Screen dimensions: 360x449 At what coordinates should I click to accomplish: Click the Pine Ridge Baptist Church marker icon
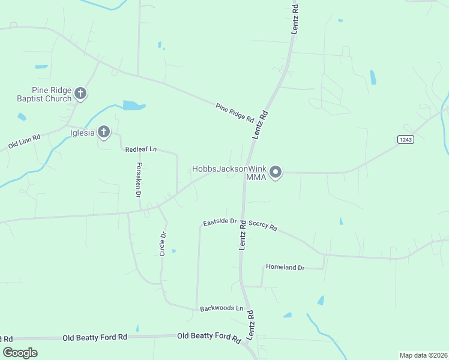(x=81, y=94)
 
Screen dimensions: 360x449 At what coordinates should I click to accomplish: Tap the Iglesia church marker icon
(x=104, y=132)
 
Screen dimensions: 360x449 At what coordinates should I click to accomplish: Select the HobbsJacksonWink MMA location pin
(x=276, y=173)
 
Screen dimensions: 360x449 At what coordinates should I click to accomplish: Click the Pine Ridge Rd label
(x=235, y=113)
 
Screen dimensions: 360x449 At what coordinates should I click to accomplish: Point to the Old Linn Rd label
(x=24, y=142)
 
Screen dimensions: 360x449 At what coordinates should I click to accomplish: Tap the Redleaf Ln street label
(x=140, y=149)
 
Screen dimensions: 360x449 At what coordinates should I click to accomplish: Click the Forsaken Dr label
(x=138, y=180)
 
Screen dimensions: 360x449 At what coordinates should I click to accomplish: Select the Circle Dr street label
(x=162, y=244)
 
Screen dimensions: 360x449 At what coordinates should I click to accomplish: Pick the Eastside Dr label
(x=220, y=221)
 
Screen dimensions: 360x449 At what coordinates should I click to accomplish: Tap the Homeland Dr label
(x=285, y=267)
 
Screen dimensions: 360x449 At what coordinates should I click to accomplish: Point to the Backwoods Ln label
(x=221, y=308)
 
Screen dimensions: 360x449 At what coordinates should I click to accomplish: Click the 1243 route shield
(x=405, y=139)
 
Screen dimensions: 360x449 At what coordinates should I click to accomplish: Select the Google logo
(x=20, y=353)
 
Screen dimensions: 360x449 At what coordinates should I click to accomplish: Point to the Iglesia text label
(x=83, y=133)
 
